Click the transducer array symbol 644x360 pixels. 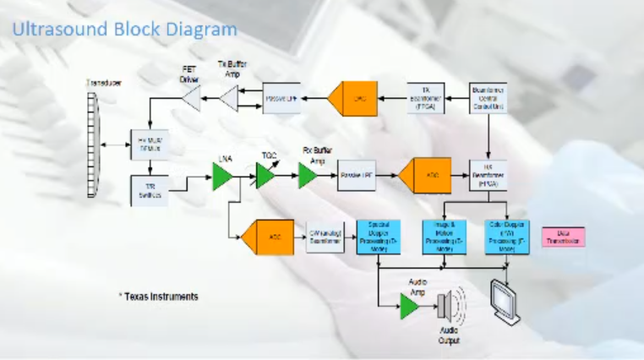click(93, 145)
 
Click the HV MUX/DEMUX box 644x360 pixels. click(149, 145)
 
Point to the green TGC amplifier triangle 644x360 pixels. click(266, 176)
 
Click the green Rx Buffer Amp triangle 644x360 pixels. click(308, 176)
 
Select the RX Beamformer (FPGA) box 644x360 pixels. click(488, 175)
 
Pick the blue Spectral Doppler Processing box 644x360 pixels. click(377, 237)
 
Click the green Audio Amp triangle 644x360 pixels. click(409, 306)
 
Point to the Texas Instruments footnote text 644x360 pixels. click(158, 297)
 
